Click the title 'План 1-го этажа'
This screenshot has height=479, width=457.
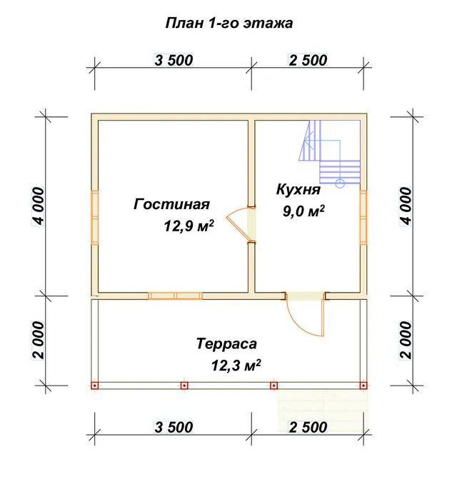tap(228, 24)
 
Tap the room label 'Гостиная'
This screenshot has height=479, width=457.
tap(171, 204)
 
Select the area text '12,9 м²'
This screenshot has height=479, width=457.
tap(189, 226)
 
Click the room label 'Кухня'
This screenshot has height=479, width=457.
tap(298, 189)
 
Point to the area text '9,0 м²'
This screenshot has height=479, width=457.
tap(303, 211)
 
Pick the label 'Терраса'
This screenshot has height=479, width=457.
tap(226, 343)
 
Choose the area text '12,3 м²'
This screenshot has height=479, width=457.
tap(236, 365)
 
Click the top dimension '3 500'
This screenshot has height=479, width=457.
tap(174, 60)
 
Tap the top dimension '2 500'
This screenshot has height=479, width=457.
tap(308, 60)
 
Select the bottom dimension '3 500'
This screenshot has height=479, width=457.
tap(174, 427)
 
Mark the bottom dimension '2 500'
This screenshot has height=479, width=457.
tap(308, 427)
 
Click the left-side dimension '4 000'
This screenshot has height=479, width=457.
tap(38, 206)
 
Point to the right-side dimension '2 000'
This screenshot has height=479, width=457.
tap(406, 340)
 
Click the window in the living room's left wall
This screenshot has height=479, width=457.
tap(95, 218)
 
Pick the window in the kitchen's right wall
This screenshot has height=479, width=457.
tap(363, 218)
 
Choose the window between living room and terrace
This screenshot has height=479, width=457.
tap(176, 296)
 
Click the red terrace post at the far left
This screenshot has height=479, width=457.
tap(95, 385)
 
